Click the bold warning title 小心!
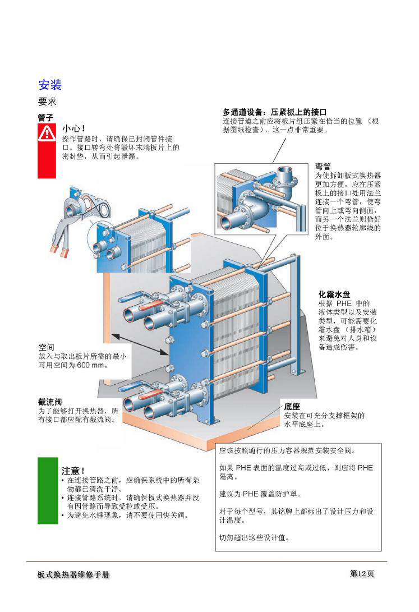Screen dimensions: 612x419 pyautogui.click(x=73, y=128)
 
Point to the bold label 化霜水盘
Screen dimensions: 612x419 pyautogui.click(x=334, y=294)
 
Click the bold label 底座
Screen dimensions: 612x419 pyautogui.click(x=292, y=406)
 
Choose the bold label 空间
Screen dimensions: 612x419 pyautogui.click(x=46, y=347)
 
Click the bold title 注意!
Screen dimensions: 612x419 pyautogui.click(x=73, y=470)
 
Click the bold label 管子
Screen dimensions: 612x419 pyautogui.click(x=45, y=118)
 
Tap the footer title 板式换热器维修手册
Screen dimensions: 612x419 pyautogui.click(x=73, y=576)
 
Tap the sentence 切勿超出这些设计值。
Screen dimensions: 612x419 pyautogui.click(x=254, y=537)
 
